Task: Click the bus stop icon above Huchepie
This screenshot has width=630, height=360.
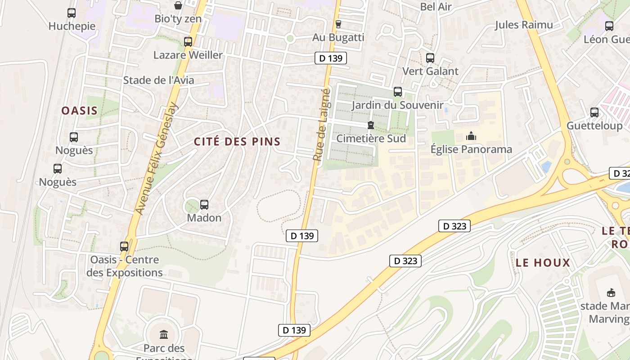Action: pyautogui.click(x=72, y=13)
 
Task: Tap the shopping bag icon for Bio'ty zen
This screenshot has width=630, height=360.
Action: pyautogui.click(x=178, y=5)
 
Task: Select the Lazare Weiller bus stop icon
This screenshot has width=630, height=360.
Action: pyautogui.click(x=188, y=42)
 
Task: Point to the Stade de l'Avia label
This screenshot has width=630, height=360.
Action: pyautogui.click(x=158, y=80)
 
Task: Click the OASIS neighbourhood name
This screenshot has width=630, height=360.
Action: pyautogui.click(x=79, y=111)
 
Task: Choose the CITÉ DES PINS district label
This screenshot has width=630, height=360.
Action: pyautogui.click(x=237, y=142)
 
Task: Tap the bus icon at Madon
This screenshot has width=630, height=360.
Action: pyautogui.click(x=204, y=205)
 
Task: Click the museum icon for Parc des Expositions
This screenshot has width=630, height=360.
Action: pyautogui.click(x=164, y=335)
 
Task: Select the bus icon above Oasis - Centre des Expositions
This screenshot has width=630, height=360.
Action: pyautogui.click(x=124, y=247)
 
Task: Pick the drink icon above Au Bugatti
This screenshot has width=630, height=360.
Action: pyautogui.click(x=338, y=24)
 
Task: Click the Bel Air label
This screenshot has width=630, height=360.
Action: pyautogui.click(x=435, y=6)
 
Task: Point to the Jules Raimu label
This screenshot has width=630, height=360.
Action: pyautogui.click(x=524, y=25)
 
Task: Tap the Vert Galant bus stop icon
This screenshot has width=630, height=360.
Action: pyautogui.click(x=430, y=58)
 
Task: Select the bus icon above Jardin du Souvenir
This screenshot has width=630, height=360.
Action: pyautogui.click(x=397, y=92)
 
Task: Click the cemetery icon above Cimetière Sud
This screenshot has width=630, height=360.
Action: pyautogui.click(x=371, y=125)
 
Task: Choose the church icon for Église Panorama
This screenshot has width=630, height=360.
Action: pyautogui.click(x=471, y=136)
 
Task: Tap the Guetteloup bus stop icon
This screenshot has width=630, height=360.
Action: pyautogui.click(x=594, y=112)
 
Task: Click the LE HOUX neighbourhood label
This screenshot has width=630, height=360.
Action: pyautogui.click(x=543, y=263)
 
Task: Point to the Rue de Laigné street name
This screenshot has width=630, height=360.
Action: pyautogui.click(x=322, y=125)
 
